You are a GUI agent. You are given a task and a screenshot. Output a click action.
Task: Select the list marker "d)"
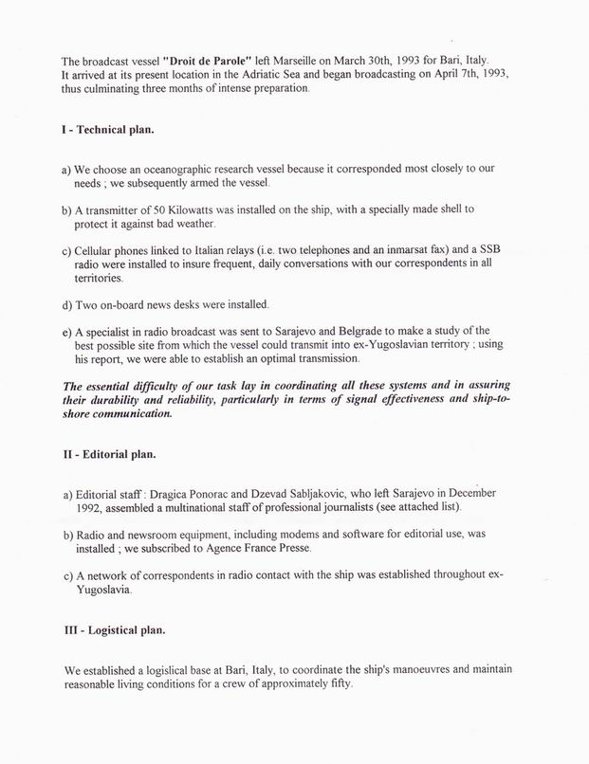(x=69, y=304)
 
